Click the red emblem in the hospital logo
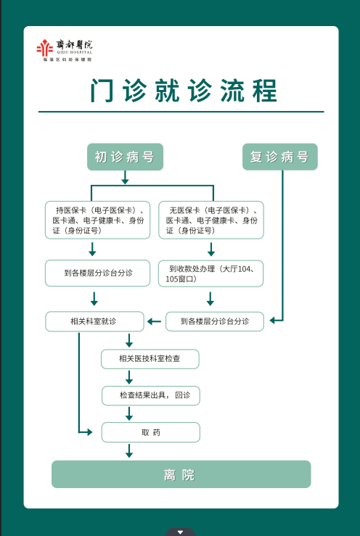tap(45, 48)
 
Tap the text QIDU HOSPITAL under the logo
tap(75, 53)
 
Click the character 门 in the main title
tap(102, 91)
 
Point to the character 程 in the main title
tap(264, 91)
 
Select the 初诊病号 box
tap(125, 157)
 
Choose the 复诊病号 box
tap(280, 157)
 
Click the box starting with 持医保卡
tap(97, 220)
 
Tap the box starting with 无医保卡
tap(211, 220)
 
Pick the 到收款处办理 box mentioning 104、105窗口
tap(210, 273)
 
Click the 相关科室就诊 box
tap(94, 321)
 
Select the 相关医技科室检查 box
tap(150, 359)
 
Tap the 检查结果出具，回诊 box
tap(150, 395)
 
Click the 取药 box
tap(150, 432)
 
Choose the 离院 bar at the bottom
tap(181, 474)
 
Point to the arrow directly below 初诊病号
tap(126, 178)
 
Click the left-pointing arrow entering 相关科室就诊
tap(154, 321)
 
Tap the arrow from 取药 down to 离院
tap(129, 450)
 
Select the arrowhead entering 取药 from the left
tap(90, 432)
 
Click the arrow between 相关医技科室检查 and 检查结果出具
tap(129, 377)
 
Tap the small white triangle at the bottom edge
tap(180, 532)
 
